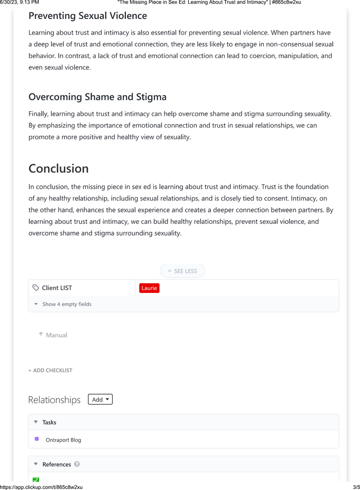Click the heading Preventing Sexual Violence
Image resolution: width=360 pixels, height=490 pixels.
point(87,16)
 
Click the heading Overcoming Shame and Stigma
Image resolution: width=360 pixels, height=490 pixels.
point(97,97)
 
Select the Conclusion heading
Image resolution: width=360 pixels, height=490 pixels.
point(58,168)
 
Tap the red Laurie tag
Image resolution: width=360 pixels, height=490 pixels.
point(149,288)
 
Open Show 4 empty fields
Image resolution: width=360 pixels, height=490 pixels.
point(66,304)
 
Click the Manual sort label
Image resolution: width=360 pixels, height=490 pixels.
point(57,335)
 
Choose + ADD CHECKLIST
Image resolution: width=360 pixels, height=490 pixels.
point(50,370)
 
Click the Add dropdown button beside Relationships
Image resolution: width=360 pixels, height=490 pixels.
point(100,399)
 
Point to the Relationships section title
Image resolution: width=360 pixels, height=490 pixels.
point(54,400)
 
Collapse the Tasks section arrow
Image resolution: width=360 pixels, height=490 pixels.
point(35,422)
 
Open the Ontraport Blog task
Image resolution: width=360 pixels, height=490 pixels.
point(63,440)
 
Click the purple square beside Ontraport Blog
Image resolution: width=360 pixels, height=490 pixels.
point(37,439)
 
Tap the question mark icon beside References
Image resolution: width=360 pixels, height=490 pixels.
point(77,464)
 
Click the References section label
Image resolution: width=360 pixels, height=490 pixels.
point(57,464)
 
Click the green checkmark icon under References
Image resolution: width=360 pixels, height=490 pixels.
point(35,480)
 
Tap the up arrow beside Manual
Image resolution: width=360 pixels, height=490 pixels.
point(41,335)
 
